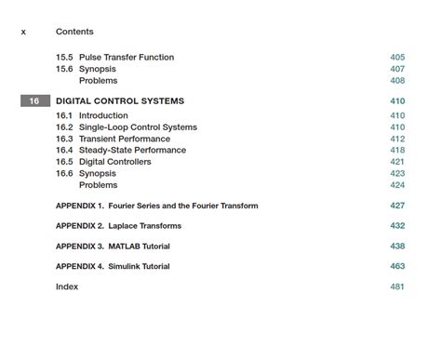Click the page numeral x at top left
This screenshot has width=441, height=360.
pos(23,32)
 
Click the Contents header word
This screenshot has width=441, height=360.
pos(74,32)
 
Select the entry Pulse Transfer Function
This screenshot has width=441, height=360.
pos(126,58)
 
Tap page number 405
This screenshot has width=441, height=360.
pos(397,58)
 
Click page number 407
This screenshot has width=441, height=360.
pos(397,69)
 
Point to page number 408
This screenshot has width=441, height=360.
pos(397,81)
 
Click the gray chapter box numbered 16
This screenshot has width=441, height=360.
pos(34,101)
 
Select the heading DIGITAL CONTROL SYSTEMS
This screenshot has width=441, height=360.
pos(120,101)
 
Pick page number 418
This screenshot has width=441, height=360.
pos(397,150)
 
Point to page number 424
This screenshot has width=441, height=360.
pos(397,185)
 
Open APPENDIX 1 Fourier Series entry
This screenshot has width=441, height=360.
pos(156,206)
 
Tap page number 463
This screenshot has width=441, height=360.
pos(397,267)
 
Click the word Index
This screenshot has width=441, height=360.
pos(67,287)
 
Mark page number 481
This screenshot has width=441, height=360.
pos(397,287)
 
